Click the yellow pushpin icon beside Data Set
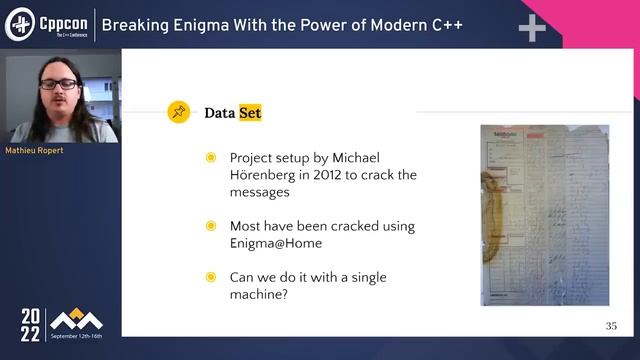[x=179, y=112]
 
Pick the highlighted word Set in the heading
[x=249, y=113]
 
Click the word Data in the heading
[x=219, y=113]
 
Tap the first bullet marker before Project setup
[x=210, y=158]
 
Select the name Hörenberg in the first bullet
[x=264, y=175]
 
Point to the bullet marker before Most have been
[x=210, y=226]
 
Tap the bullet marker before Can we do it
[x=210, y=277]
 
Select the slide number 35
[x=611, y=326]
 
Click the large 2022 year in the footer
[x=32, y=325]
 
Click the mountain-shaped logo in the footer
[x=78, y=320]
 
